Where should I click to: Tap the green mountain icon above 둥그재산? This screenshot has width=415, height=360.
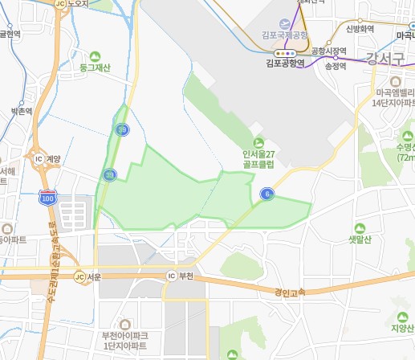(x=96, y=55)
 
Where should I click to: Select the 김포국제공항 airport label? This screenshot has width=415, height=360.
(x=285, y=35)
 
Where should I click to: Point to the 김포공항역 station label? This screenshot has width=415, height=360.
(x=285, y=61)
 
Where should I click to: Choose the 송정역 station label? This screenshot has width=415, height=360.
(x=336, y=67)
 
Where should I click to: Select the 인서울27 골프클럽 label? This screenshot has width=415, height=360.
(x=259, y=158)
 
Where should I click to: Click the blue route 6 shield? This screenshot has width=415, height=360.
(x=265, y=193)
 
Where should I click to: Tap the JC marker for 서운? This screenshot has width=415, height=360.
(x=79, y=277)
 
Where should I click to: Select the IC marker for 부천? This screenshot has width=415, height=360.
(x=170, y=276)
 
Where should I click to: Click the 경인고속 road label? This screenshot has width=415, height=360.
(x=290, y=293)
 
